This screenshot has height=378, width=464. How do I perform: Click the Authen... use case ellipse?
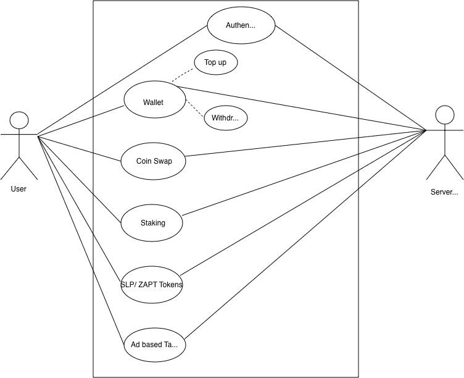241,25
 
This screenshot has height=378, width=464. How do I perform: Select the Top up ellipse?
216,62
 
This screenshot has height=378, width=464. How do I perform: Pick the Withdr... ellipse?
226,118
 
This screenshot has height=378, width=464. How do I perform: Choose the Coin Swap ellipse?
153,161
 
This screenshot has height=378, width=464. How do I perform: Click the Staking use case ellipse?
152,223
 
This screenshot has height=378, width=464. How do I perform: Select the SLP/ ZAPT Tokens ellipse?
152,285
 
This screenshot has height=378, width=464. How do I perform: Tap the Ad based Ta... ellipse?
155,345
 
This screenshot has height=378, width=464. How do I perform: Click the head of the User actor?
19,120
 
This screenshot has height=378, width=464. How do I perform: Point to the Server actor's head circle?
445,115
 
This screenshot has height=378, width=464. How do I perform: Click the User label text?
19,189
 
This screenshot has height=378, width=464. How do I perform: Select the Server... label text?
444,192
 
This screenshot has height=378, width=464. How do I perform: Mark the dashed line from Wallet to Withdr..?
195,109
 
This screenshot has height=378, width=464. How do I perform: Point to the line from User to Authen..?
122,80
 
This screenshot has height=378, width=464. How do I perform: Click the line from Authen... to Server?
350,78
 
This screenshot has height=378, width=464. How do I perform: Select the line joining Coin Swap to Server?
305,143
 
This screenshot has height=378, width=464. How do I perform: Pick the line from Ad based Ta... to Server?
305,235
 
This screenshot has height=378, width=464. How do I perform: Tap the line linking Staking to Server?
304,173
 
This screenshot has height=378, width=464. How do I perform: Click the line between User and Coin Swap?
80,148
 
